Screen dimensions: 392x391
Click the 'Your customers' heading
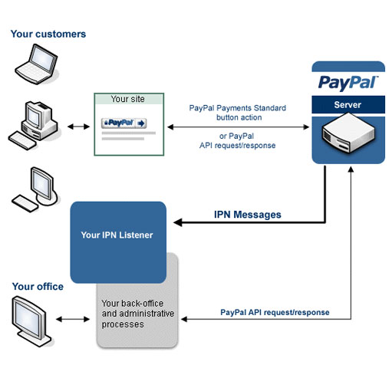[48, 34]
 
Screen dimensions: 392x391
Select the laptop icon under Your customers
[36, 64]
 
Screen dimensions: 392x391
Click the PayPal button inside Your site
[124, 123]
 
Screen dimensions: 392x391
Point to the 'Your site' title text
[127, 99]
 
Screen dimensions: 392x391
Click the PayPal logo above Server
[348, 83]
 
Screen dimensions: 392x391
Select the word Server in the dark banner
[348, 105]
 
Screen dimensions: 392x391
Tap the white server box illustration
[348, 133]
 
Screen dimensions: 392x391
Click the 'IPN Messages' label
[248, 215]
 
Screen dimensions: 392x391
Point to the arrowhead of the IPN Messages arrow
[177, 222]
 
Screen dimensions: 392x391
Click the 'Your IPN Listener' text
[117, 235]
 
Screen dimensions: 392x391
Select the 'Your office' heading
[38, 287]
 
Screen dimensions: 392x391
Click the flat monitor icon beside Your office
[31, 321]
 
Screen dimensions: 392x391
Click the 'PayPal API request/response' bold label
[275, 312]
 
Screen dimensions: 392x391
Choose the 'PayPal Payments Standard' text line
[238, 108]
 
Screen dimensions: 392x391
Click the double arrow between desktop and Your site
[78, 127]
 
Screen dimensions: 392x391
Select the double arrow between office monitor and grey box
[73, 319]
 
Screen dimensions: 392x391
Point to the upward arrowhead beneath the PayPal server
[351, 169]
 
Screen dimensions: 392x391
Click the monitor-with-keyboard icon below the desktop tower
[35, 189]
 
